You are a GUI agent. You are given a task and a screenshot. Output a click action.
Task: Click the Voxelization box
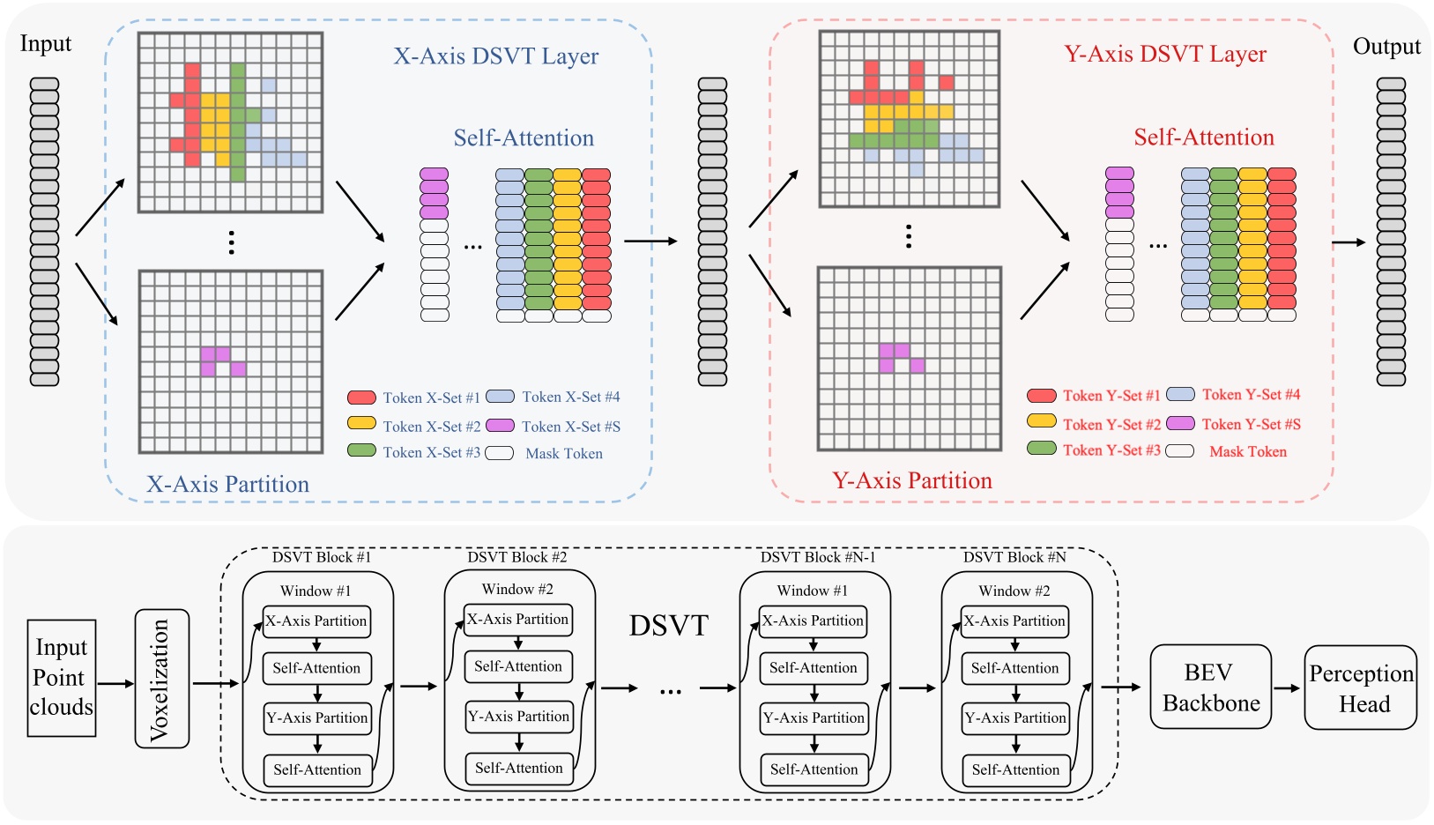pos(162,679)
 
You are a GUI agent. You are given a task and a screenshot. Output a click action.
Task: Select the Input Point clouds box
pos(61,678)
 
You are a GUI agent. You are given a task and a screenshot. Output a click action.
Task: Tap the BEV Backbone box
pos(1210,687)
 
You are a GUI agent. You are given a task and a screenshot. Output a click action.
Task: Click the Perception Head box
pos(1360,687)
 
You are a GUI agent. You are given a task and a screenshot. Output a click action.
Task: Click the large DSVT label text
pos(668,625)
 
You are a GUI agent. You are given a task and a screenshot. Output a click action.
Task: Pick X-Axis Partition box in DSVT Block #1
pos(316,621)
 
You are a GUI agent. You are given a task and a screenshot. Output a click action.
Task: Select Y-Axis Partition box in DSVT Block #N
pos(1015,717)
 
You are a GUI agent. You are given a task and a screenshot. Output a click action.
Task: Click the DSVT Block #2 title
pos(517,557)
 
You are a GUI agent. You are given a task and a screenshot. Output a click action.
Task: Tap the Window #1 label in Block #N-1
pos(813,591)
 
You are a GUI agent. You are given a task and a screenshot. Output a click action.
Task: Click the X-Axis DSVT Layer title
pos(495,56)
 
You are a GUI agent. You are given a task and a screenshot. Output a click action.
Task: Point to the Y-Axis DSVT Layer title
pos(1165,55)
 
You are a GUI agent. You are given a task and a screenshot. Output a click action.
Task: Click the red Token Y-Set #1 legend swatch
pos(1042,396)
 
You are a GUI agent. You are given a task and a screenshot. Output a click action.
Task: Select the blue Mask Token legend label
pos(564,454)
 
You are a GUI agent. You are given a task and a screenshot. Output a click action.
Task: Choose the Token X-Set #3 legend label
pos(431,452)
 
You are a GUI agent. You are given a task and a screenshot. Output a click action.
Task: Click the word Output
pos(1386,47)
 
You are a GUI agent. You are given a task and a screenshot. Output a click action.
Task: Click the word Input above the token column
pos(45,44)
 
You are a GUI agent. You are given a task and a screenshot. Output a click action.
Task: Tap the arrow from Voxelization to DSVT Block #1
pos(215,683)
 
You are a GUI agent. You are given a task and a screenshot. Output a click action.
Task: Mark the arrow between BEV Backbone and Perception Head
pos(1287,687)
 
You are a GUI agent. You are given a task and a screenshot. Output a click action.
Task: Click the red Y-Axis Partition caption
pos(912,480)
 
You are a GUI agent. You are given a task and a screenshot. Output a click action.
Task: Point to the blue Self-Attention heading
pos(524,138)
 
